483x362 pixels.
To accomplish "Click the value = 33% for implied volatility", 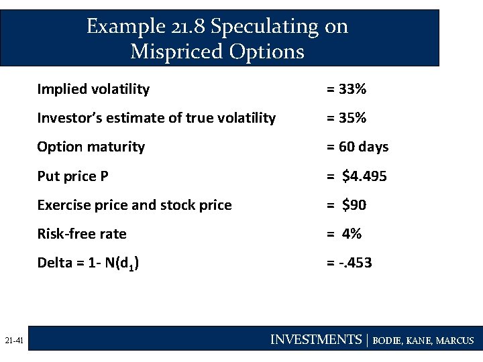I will click(346, 89).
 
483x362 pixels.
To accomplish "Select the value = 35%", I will click(346, 118).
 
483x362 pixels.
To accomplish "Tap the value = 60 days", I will click(358, 147).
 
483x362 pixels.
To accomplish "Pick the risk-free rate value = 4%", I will click(344, 234).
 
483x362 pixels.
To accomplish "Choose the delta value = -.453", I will click(350, 263).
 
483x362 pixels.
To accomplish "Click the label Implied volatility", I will click(93, 89).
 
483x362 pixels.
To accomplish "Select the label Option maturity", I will click(91, 147).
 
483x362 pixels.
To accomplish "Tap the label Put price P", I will click(72, 176).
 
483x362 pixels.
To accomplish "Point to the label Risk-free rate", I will click(82, 234).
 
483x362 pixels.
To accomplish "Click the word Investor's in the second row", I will click(67, 118).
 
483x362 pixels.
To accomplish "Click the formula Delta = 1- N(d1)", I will click(88, 263).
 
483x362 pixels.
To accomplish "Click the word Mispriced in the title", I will click(174, 51).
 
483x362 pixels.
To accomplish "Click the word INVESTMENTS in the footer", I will click(315, 340).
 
